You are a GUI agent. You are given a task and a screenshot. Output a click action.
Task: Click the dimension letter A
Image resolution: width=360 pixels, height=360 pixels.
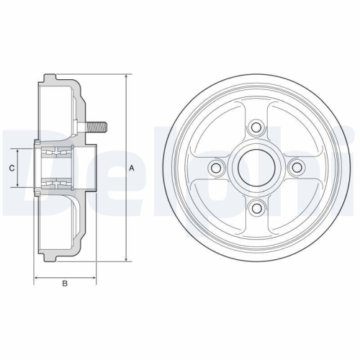pos(132,168)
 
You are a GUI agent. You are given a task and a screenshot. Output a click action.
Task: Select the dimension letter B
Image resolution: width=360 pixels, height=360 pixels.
pos(65,283)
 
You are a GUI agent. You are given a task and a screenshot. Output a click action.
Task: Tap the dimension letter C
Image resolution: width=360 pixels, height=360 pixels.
pos(12,168)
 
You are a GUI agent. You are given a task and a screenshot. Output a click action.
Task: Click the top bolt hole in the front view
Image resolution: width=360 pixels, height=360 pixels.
pos(255,127)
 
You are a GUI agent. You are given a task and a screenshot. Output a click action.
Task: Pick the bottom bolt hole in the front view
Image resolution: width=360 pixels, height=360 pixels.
pos(255,208)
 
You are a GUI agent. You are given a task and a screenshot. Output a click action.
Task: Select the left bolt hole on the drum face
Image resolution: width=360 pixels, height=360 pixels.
pos(215,168)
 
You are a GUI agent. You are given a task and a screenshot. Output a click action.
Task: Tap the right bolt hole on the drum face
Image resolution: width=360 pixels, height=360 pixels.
pos(295,168)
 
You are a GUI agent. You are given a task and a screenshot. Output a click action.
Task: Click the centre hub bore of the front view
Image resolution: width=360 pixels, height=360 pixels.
pos(255,168)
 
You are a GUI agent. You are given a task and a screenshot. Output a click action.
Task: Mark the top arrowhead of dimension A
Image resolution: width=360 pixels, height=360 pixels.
pos(127,75)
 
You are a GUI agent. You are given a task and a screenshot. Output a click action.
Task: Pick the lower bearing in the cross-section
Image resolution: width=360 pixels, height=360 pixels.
pos(56,185)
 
